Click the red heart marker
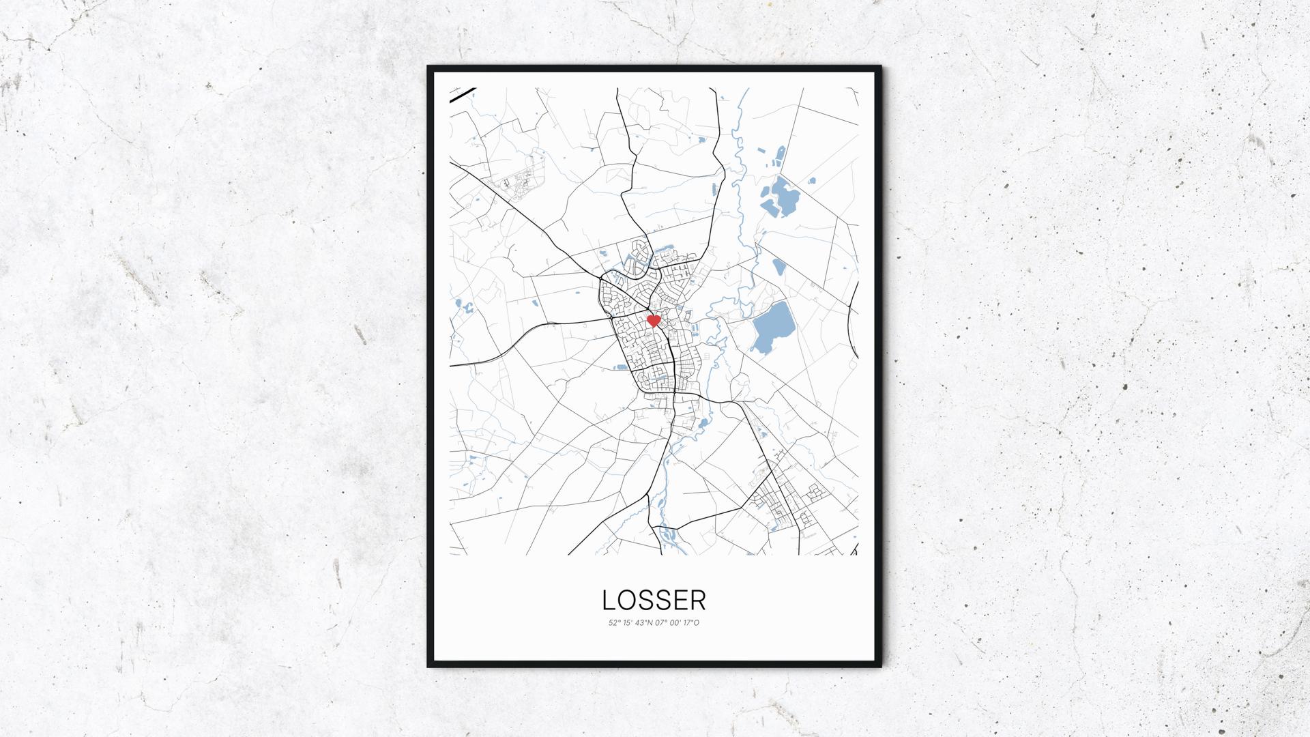tap(653, 320)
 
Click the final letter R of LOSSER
tap(697, 600)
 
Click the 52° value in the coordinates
tap(613, 622)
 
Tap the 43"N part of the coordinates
tap(645, 622)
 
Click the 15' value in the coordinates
tap(627, 622)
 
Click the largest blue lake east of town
tap(772, 327)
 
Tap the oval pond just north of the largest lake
tap(778, 266)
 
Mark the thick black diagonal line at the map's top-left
tap(463, 95)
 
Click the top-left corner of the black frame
tap(429, 68)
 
